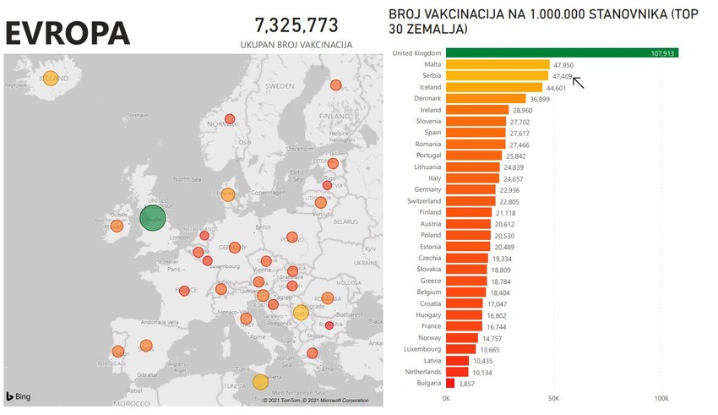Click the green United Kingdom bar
tap(562, 53)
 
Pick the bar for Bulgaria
tap(450, 383)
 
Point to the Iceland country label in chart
tap(428, 87)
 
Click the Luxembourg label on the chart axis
tap(422, 349)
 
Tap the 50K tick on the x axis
tap(554, 398)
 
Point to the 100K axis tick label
tap(661, 398)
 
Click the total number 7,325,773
tap(296, 24)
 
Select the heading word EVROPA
tap(68, 32)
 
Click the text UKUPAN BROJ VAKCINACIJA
tap(296, 44)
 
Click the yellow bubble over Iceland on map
tap(50, 78)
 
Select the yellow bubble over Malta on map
tap(261, 381)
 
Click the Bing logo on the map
tap(19, 396)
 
